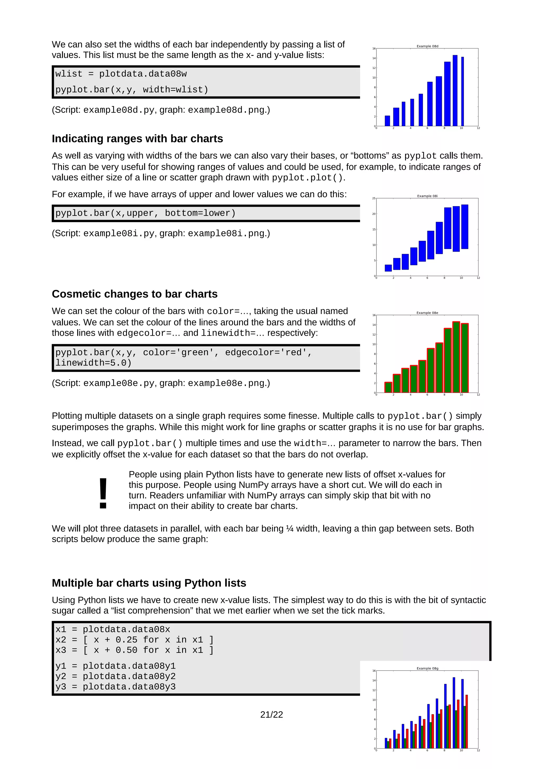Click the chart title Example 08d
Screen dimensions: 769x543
[427, 46]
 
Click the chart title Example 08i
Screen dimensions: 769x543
[427, 196]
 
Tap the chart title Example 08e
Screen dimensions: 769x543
[427, 313]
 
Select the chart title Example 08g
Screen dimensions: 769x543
[427, 668]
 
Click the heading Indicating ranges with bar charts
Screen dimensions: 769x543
[137, 139]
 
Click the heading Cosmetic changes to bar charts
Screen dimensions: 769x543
[134, 294]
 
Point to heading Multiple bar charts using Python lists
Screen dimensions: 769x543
[149, 583]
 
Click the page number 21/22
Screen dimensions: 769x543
[271, 714]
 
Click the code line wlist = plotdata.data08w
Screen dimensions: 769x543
[121, 74]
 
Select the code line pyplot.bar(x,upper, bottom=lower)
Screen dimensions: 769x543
[146, 213]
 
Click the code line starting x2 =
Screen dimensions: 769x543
[134, 640]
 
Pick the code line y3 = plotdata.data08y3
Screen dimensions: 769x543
[115, 687]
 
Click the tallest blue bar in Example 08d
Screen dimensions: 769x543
[455, 90]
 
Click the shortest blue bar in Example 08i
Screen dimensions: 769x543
[388, 268]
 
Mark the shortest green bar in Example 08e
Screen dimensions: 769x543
[388, 387]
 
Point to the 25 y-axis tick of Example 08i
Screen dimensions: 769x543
[374, 198]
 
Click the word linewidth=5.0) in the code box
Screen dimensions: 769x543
[93, 363]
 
